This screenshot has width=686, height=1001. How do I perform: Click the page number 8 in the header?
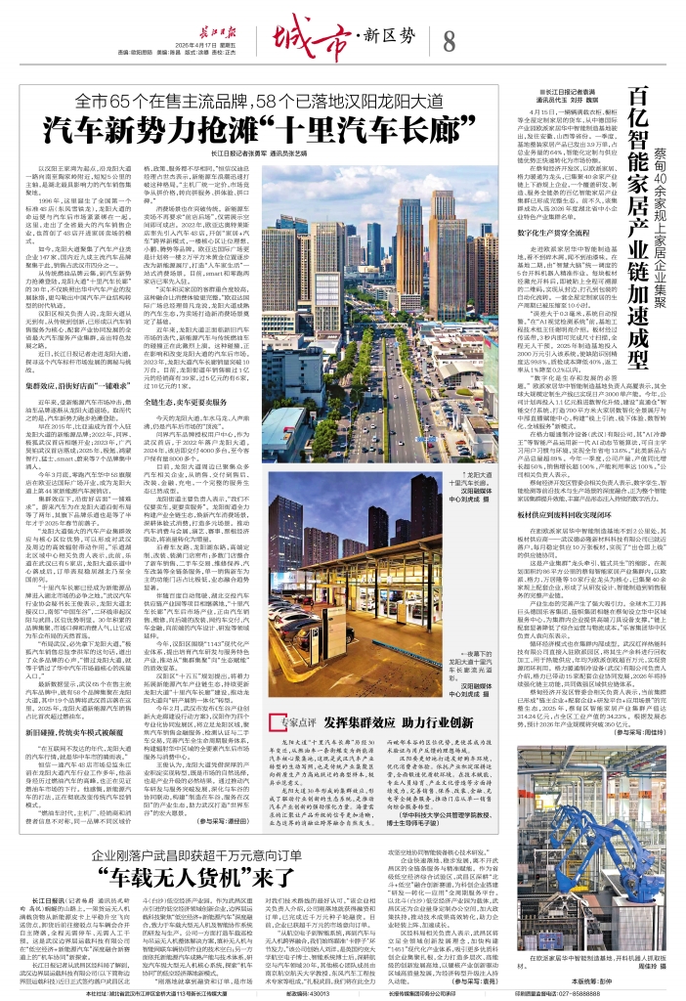tap(449, 41)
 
